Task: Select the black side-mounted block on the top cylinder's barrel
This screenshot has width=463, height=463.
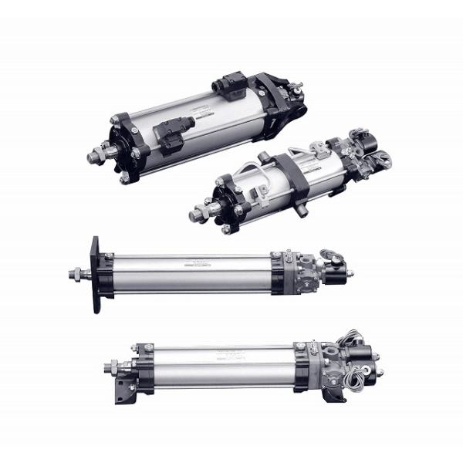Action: point(171,134)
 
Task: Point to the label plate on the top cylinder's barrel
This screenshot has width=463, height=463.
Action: point(202,114)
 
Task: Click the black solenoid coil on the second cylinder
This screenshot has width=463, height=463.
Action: point(367,143)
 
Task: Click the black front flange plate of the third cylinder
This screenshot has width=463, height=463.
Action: point(96,274)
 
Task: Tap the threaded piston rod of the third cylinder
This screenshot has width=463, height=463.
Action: point(77,274)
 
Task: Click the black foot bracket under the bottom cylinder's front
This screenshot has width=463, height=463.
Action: point(127,390)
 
